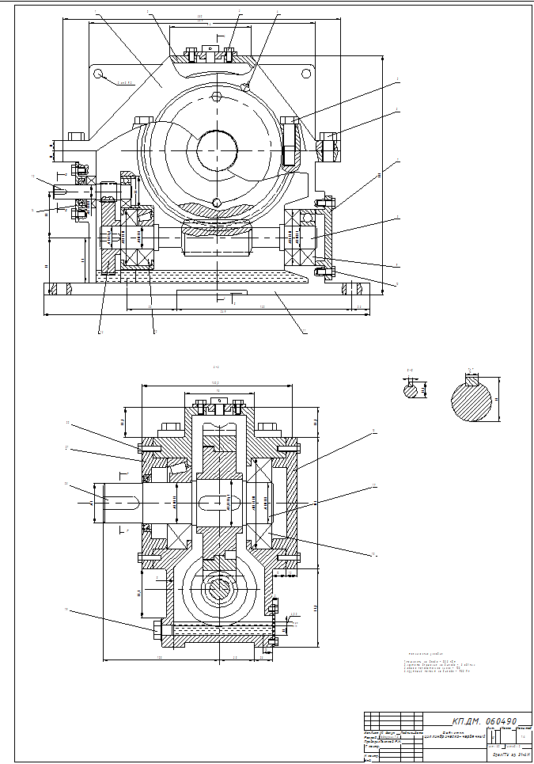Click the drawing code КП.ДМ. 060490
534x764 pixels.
[483, 722]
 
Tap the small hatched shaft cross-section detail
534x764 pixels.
[411, 389]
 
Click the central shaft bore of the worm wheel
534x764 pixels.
[217, 149]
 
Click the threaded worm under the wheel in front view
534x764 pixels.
[216, 238]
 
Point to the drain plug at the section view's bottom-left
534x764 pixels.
[156, 630]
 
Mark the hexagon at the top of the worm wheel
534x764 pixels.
[217, 98]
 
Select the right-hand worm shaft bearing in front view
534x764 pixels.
[301, 237]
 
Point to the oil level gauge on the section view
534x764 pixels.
[275, 618]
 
